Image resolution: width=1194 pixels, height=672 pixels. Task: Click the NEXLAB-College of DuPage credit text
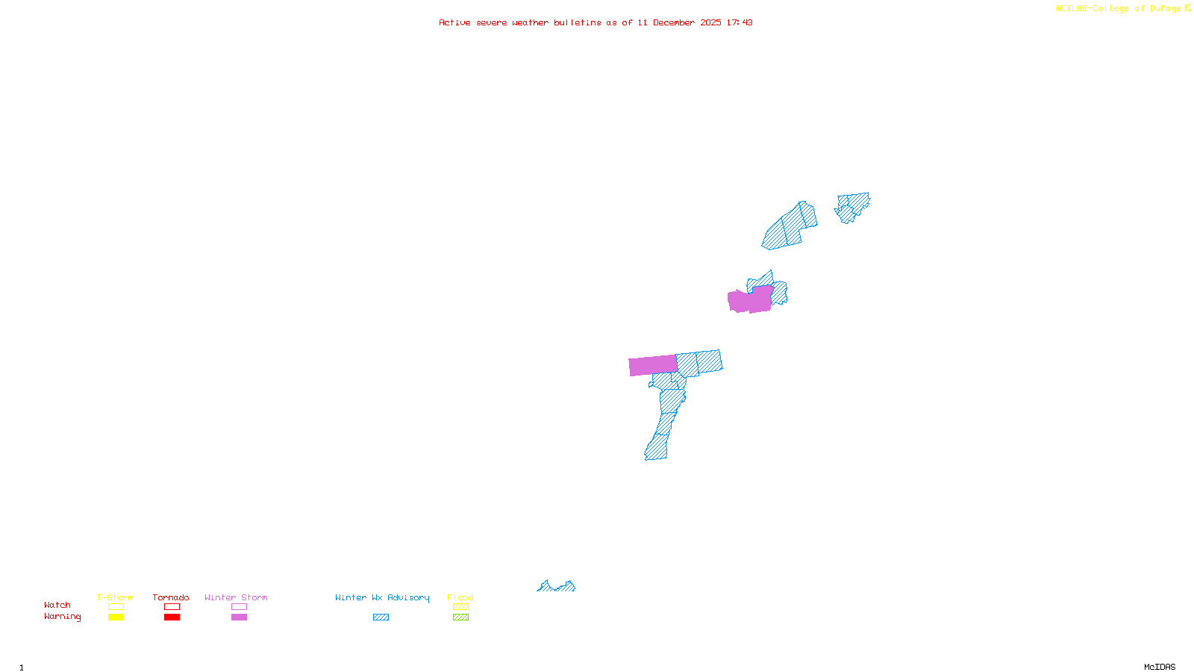pyautogui.click(x=1122, y=9)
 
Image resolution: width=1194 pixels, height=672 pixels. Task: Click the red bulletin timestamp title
pyautogui.click(x=596, y=22)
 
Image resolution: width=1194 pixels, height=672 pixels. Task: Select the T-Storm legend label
pyautogui.click(x=115, y=597)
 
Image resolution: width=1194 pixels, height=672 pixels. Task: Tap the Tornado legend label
pyautogui.click(x=171, y=597)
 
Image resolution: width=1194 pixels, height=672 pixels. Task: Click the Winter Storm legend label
pyautogui.click(x=236, y=597)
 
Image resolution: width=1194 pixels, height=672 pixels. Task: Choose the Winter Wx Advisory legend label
pyautogui.click(x=382, y=597)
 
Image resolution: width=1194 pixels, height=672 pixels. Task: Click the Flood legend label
pyautogui.click(x=460, y=597)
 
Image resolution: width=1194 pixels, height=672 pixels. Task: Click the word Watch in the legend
pyautogui.click(x=57, y=605)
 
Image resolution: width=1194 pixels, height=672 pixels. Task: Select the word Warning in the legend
pyautogui.click(x=63, y=617)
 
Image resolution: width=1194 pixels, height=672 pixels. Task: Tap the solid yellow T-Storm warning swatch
pyautogui.click(x=116, y=617)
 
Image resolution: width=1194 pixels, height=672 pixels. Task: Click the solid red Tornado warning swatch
pyautogui.click(x=172, y=617)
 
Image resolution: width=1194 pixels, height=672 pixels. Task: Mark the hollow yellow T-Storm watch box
pyautogui.click(x=116, y=607)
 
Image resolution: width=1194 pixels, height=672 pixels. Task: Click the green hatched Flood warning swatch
pyautogui.click(x=460, y=617)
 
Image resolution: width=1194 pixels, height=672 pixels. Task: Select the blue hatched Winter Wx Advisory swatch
pyautogui.click(x=381, y=617)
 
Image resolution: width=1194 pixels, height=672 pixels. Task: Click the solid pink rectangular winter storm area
pyautogui.click(x=653, y=365)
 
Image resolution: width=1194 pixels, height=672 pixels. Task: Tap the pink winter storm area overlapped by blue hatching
pyautogui.click(x=750, y=299)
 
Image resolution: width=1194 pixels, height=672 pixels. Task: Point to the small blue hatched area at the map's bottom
pyautogui.click(x=557, y=587)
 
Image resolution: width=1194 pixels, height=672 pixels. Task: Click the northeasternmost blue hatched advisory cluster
pyautogui.click(x=852, y=206)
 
